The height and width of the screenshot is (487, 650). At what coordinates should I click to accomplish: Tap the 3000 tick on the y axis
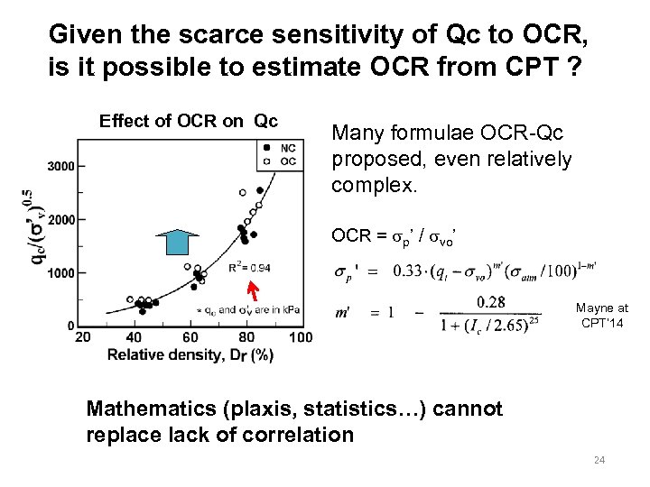pyautogui.click(x=61, y=166)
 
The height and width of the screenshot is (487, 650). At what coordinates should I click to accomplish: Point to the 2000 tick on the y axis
pyautogui.click(x=61, y=219)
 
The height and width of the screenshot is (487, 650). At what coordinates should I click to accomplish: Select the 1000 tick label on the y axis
pyautogui.click(x=61, y=273)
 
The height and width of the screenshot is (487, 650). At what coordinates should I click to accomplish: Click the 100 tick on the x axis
pyautogui.click(x=301, y=337)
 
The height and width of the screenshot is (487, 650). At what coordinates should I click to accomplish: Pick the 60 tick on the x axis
pyautogui.click(x=190, y=337)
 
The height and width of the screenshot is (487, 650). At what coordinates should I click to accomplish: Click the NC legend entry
pyautogui.click(x=288, y=147)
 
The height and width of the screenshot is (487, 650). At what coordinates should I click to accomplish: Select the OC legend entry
pyautogui.click(x=288, y=160)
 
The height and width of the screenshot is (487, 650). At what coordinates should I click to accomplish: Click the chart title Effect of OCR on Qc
pyautogui.click(x=189, y=121)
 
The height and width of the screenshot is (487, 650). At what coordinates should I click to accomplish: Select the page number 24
pyautogui.click(x=599, y=461)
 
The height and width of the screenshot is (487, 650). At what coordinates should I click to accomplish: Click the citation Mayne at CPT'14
pyautogui.click(x=602, y=315)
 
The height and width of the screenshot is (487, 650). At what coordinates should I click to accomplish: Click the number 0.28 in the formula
pyautogui.click(x=490, y=300)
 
